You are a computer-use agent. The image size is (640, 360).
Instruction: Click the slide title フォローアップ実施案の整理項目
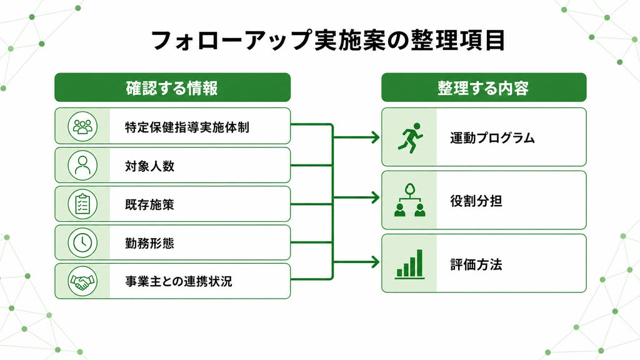tap(328, 41)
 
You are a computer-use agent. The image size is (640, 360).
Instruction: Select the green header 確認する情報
tap(172, 87)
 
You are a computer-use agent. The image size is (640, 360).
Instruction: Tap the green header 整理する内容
tap(484, 87)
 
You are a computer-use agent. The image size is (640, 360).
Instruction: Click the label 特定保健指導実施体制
tap(187, 127)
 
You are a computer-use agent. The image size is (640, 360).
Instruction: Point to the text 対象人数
tap(150, 166)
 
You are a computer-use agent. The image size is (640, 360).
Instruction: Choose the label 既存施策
tap(150, 204)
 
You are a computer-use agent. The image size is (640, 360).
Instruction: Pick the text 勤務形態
tap(150, 243)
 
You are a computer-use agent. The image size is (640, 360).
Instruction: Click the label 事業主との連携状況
tap(178, 281)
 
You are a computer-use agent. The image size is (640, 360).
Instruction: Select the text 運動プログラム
tap(492, 138)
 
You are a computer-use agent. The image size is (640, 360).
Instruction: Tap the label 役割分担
tap(476, 201)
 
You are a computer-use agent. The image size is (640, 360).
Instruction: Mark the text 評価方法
tap(476, 264)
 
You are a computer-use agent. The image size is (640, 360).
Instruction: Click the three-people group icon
tap(82, 126)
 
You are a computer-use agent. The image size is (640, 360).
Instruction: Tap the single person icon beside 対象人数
tap(82, 165)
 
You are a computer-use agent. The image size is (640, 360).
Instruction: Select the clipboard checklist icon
tap(82, 204)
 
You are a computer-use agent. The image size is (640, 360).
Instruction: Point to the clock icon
tap(82, 242)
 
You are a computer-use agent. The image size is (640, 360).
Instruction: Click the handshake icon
tap(82, 281)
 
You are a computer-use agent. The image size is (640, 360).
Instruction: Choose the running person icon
tap(410, 138)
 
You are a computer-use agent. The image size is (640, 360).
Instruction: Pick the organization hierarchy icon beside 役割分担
tap(410, 200)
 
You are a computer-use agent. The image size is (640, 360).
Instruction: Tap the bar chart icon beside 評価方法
tap(409, 264)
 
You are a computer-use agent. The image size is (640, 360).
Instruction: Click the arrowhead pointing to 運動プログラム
tap(376, 137)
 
